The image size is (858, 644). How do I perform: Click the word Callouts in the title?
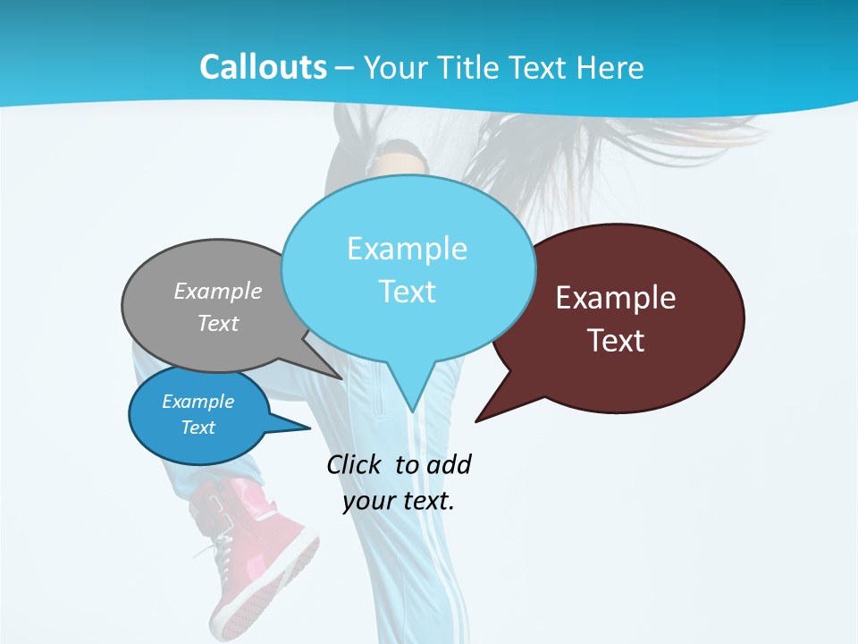263,67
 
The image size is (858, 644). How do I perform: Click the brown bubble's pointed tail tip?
475,420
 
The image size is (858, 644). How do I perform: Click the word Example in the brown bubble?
616,298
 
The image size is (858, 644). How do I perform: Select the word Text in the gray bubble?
218,324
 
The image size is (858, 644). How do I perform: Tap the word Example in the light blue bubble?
407,249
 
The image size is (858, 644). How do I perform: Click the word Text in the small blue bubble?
198,428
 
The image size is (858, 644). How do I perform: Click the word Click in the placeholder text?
355,464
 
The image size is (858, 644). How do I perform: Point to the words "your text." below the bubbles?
399,500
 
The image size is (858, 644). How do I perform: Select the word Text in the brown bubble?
616,341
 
